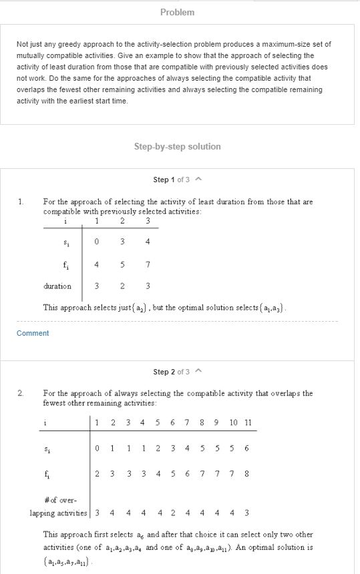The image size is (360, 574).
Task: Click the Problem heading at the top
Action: click(178, 12)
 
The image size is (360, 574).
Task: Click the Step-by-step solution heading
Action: click(177, 146)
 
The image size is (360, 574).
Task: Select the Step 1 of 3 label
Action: click(172, 180)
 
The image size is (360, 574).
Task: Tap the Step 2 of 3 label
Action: click(172, 372)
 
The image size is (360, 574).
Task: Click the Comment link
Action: click(33, 333)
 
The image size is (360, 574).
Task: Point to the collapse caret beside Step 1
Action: click(198, 180)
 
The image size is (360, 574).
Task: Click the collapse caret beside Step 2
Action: click(198, 372)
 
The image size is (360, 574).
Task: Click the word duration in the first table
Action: click(57, 286)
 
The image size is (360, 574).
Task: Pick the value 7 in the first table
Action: click(148, 265)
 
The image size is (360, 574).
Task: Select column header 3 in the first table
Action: click(148, 221)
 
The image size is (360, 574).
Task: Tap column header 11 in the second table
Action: click(247, 422)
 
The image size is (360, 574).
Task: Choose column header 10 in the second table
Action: click(233, 422)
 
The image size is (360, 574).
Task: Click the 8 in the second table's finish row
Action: click(247, 473)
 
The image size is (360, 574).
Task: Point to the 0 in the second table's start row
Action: click(98, 448)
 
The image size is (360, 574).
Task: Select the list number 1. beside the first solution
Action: click(21, 201)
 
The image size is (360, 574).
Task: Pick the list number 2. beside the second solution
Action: click(21, 393)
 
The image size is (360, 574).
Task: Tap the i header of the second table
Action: click(45, 422)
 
